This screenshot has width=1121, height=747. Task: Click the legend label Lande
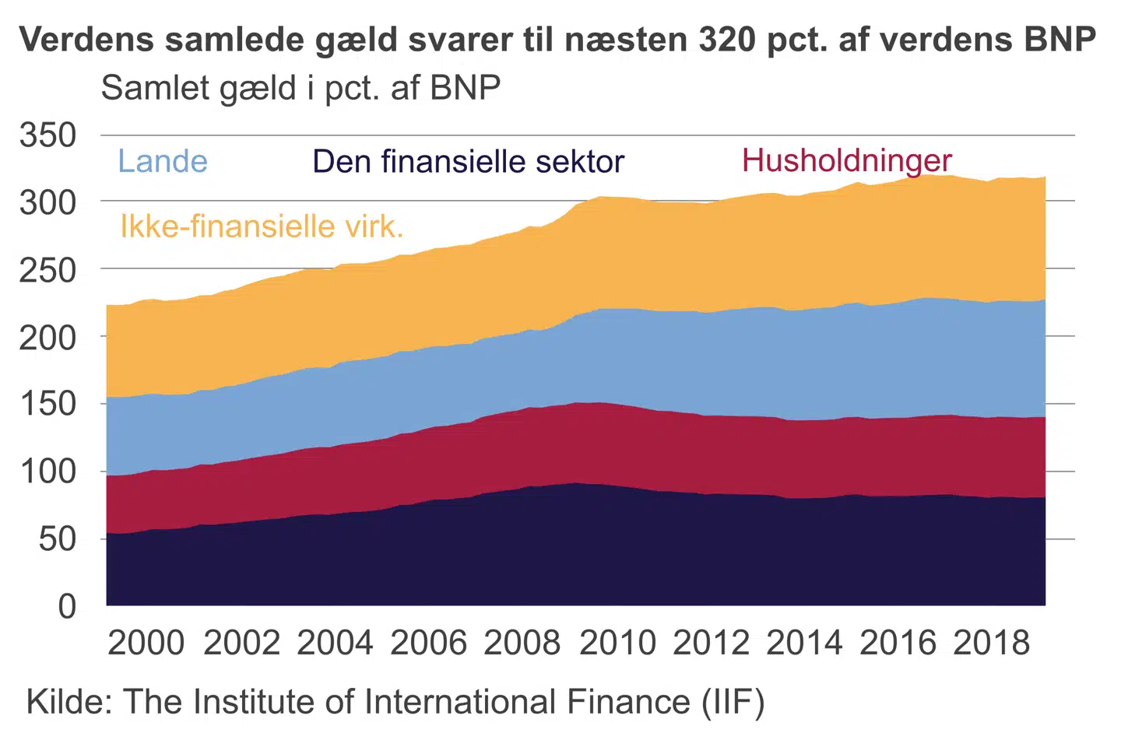click(x=163, y=162)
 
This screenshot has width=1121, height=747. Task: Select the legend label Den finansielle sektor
click(x=468, y=162)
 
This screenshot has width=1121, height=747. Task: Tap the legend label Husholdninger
click(x=846, y=160)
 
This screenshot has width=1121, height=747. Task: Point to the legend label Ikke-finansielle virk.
click(x=262, y=226)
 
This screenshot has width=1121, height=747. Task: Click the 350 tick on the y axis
click(x=48, y=135)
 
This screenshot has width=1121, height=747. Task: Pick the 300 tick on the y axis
click(x=48, y=203)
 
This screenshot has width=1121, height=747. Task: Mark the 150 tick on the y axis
click(x=48, y=404)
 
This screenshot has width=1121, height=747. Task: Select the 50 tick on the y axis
click(x=58, y=538)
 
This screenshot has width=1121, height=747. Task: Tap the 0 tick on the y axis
click(x=67, y=606)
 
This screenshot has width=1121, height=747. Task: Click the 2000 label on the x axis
click(x=146, y=644)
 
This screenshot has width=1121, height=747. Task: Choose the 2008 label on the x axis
click(x=522, y=644)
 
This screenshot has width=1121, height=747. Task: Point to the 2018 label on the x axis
click(x=992, y=644)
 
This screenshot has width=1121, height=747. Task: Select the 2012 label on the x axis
click(x=711, y=644)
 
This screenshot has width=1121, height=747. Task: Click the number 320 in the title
click(x=727, y=40)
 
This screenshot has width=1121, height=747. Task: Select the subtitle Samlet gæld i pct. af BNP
click(x=300, y=88)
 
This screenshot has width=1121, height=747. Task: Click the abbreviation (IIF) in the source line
click(x=733, y=702)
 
